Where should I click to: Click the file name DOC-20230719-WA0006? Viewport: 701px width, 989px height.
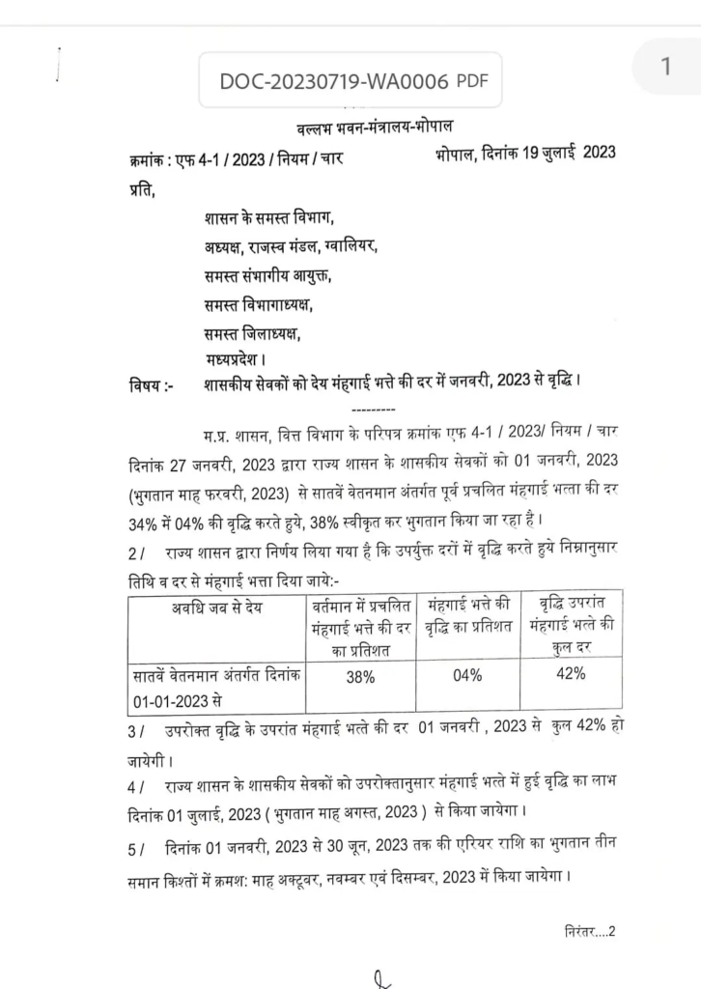[x=334, y=81]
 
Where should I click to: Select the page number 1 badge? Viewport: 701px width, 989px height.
[x=665, y=67]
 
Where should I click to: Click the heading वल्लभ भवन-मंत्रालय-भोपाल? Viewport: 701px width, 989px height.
[x=372, y=129]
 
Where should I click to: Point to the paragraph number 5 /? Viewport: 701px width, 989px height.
[x=134, y=847]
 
